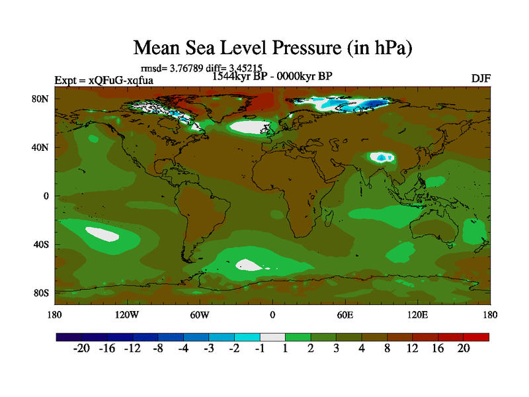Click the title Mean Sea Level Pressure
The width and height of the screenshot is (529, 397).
point(273,48)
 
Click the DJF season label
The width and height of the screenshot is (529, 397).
point(481,78)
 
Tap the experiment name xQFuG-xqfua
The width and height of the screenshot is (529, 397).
point(126,81)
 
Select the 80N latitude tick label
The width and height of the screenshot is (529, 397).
point(40,99)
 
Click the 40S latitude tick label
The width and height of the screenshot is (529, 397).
point(41,245)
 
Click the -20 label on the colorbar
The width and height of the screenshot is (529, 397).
point(81,349)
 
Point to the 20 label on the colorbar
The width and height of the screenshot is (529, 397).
point(464,349)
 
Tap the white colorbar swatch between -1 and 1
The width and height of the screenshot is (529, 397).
point(272,337)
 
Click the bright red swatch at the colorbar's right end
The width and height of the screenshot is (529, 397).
point(476,337)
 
